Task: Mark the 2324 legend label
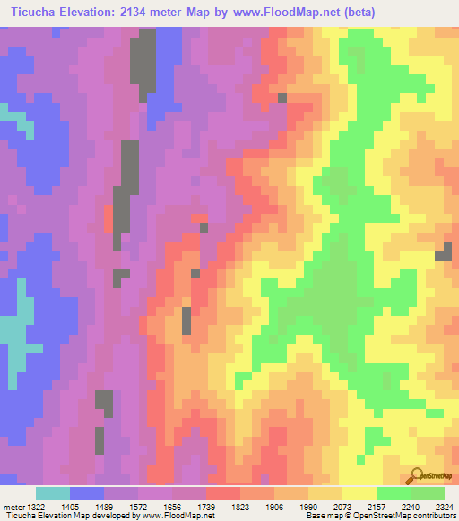pos(442,507)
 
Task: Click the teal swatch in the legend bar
pos(53,493)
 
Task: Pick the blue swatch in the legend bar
pos(87,493)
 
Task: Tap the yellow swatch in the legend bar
pos(359,493)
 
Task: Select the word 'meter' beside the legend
pos(13,507)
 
